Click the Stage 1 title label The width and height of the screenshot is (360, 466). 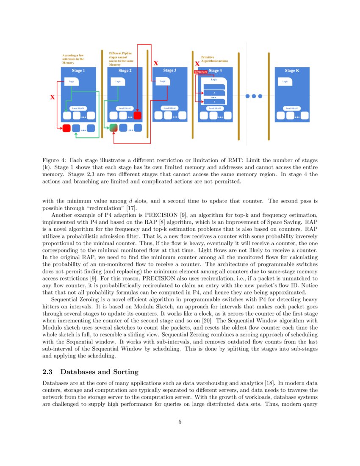[78, 71]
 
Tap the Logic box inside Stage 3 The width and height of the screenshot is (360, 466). [163, 81]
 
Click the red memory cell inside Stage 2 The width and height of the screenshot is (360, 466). [137, 115]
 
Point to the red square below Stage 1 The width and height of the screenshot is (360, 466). [66, 128]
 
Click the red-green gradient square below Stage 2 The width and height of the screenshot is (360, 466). [114, 128]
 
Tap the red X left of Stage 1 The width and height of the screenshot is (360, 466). [53, 97]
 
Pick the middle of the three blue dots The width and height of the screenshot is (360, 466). [254, 96]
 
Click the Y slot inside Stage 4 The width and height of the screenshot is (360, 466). [214, 102]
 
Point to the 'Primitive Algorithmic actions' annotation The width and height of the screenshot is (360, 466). [214, 59]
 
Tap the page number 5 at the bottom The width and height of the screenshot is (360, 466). [180, 422]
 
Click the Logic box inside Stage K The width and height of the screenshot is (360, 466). [285, 81]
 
